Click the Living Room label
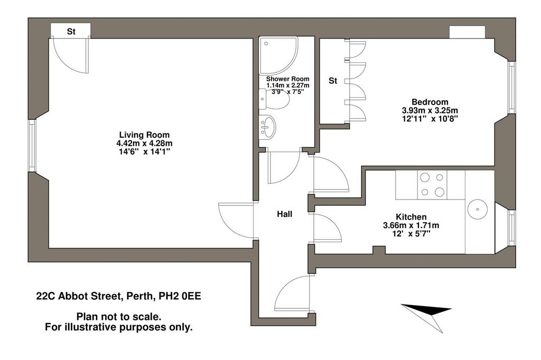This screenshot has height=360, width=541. (x=144, y=135)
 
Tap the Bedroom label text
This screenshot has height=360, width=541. (x=430, y=102)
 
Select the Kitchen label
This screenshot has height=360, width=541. (x=411, y=217)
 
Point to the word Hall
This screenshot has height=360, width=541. (x=285, y=214)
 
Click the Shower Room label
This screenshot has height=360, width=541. (x=288, y=79)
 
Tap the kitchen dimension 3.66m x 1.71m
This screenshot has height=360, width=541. (x=411, y=225)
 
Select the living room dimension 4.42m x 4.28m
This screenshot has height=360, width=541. (x=144, y=143)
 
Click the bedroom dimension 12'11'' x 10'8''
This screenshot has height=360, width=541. (x=430, y=119)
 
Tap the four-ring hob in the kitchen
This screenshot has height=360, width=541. (x=432, y=185)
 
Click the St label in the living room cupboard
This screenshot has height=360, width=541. (x=71, y=32)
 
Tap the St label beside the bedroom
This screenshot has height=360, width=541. (x=333, y=81)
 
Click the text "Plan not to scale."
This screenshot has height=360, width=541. (x=118, y=317)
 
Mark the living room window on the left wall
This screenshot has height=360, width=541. (x=32, y=146)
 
